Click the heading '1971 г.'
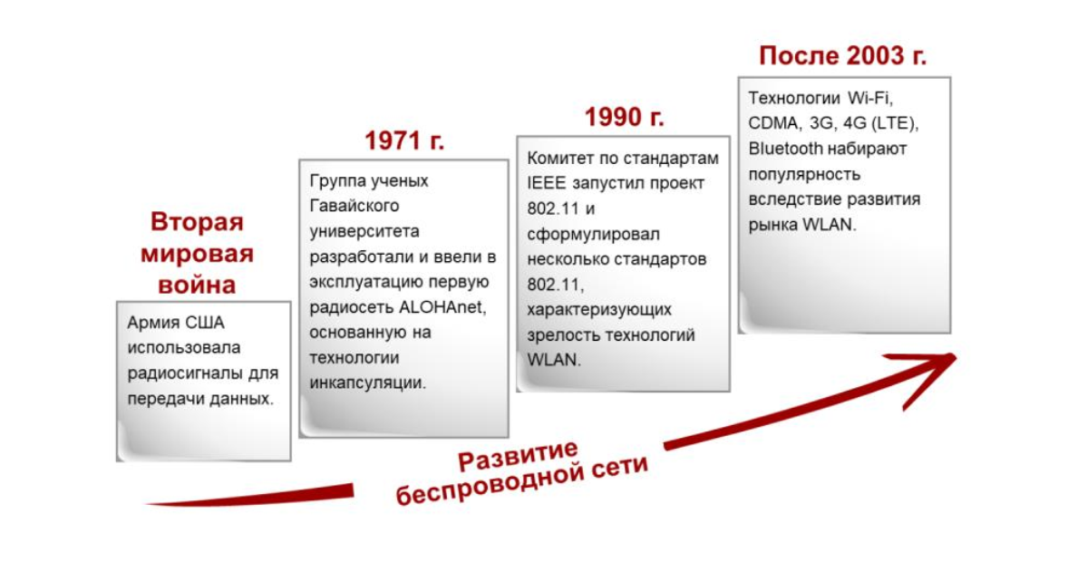point(404,141)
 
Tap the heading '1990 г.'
point(624,117)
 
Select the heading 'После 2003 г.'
point(842,55)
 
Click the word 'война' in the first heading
point(197,285)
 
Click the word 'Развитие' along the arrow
point(518,456)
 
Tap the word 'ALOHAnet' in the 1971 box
point(442,306)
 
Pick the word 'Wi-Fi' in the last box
point(869,98)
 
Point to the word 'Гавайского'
point(354,206)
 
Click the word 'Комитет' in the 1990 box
point(558,158)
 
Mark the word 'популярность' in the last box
point(804,174)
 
